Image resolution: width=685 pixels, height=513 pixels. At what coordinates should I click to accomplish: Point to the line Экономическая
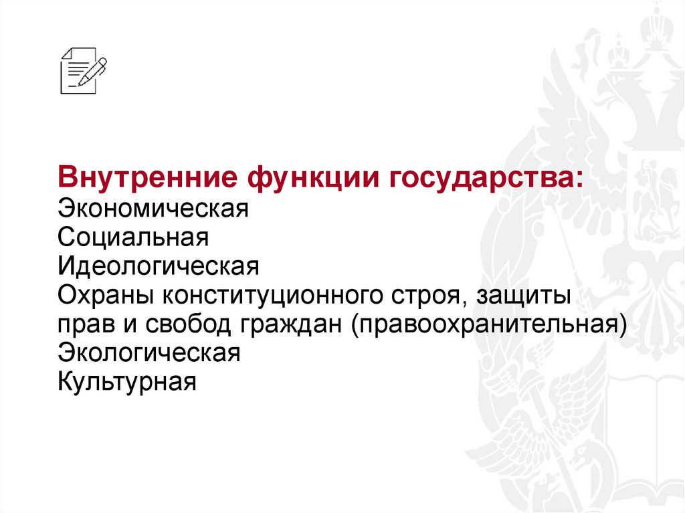click(x=153, y=208)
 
